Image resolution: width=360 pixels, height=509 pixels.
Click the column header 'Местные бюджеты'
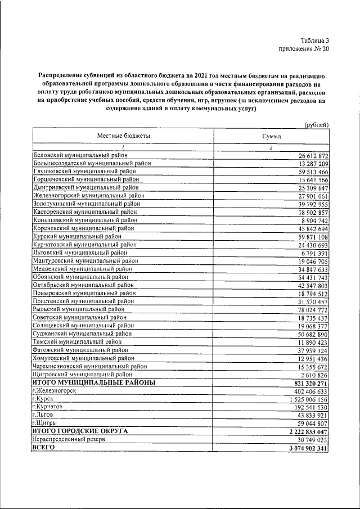[x=124, y=136]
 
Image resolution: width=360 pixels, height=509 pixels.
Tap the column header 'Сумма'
[x=271, y=137]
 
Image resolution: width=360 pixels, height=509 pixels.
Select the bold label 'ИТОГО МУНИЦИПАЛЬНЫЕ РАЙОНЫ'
[x=93, y=383]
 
